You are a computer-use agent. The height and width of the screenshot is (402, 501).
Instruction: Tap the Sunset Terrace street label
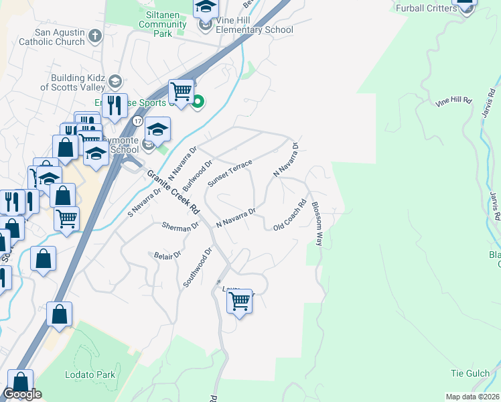(x=230, y=174)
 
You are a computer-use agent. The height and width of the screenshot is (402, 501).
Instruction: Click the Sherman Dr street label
(x=180, y=226)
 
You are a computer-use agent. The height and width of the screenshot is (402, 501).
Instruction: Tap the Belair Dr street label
(x=168, y=255)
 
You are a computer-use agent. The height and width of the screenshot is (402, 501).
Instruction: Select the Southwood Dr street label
(x=198, y=267)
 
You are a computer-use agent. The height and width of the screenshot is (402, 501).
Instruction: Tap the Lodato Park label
(x=90, y=375)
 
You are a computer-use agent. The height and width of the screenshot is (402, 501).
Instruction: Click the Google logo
(x=22, y=394)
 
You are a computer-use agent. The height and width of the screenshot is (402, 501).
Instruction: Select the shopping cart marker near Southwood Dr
(x=239, y=301)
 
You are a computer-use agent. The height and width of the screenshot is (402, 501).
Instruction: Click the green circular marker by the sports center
(x=198, y=103)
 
